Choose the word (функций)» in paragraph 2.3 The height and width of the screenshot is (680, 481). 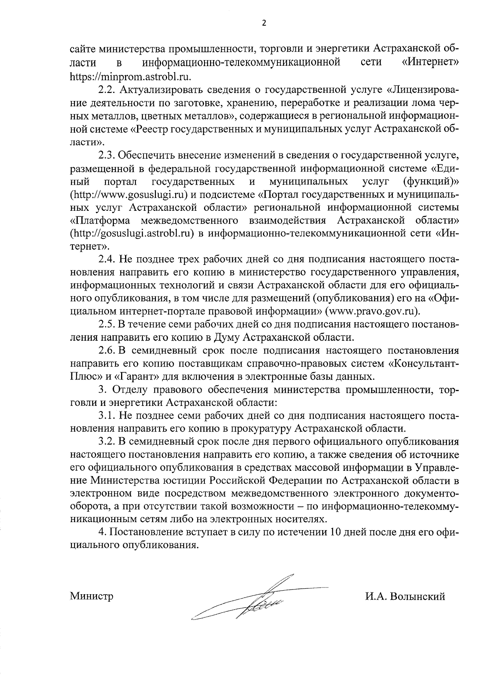431,182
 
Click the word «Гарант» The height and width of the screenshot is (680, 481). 133,377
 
